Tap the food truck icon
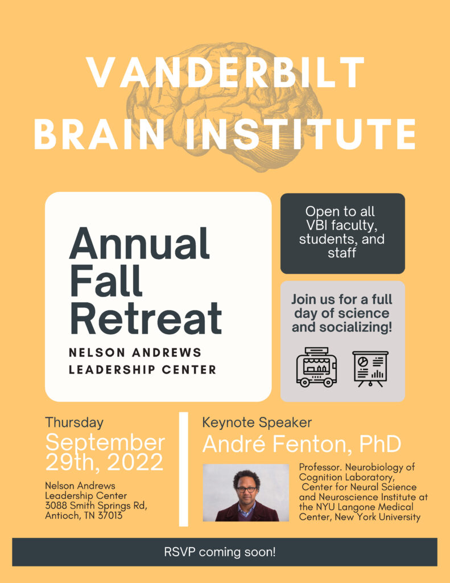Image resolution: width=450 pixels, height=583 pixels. point(316,367)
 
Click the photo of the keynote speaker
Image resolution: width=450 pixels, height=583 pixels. point(246,492)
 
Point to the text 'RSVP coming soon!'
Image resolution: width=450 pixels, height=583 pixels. point(220,552)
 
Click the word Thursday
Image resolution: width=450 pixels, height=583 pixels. point(75,422)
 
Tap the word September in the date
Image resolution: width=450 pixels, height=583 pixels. point(105,443)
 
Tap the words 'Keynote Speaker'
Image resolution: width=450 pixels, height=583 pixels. point(257,422)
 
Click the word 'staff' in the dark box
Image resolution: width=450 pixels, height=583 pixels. point(342,253)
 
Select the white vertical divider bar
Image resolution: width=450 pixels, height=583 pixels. point(184,469)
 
